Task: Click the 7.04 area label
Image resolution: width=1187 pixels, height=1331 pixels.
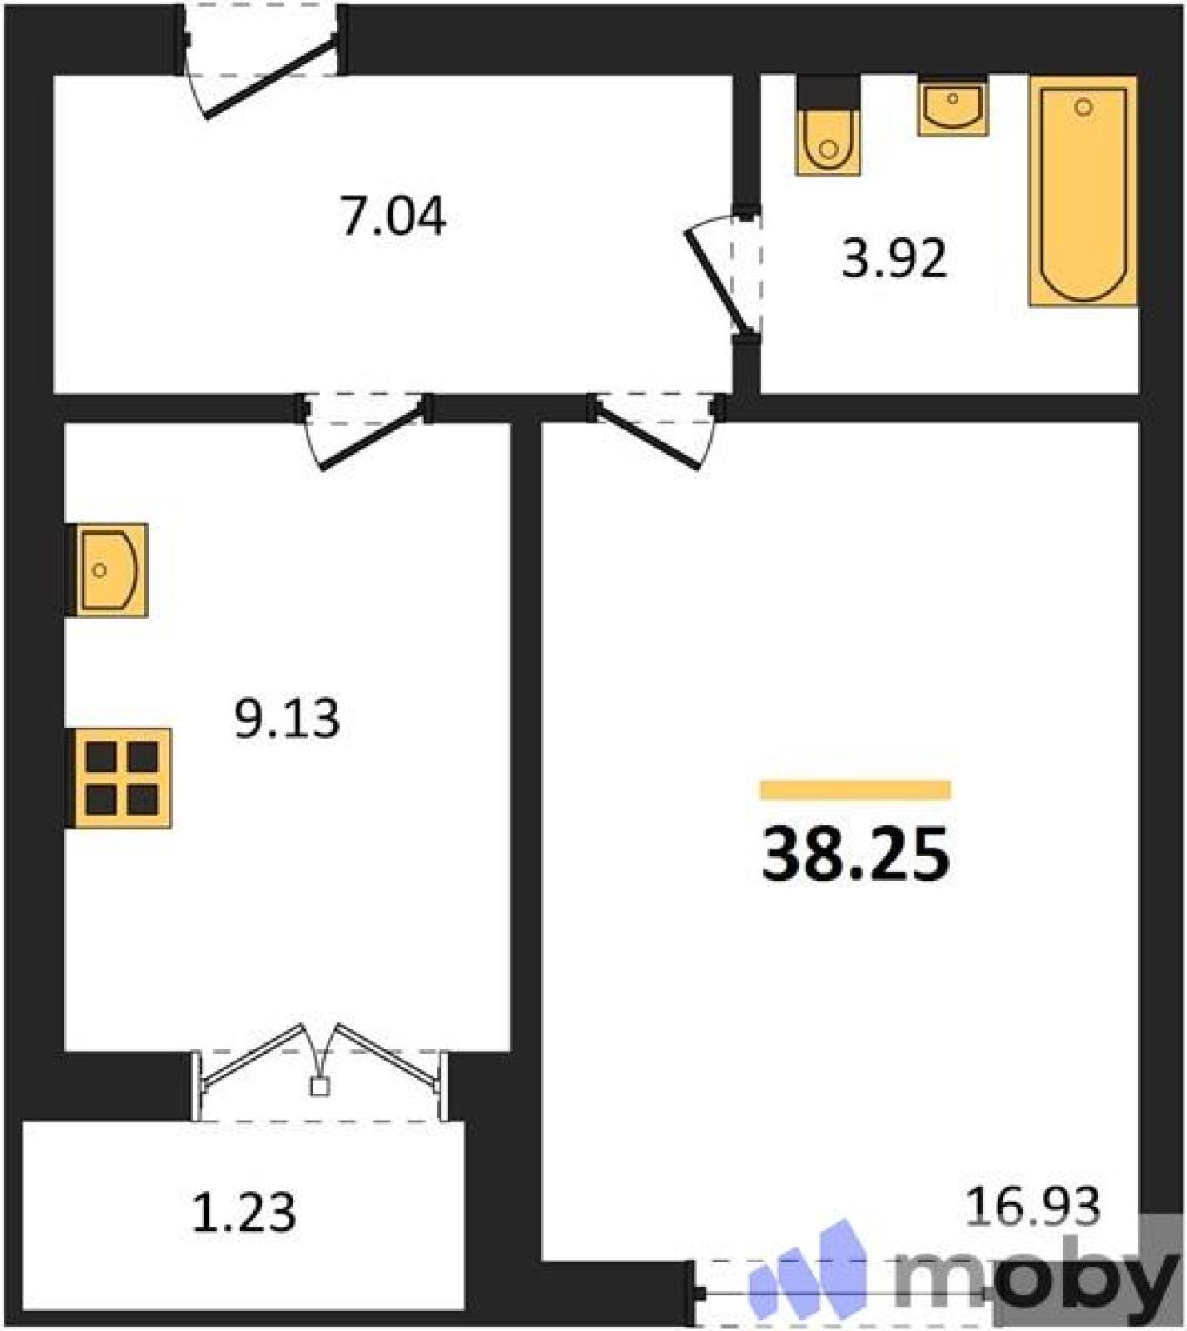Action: pos(393,216)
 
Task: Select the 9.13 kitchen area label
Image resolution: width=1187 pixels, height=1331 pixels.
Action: pos(287,719)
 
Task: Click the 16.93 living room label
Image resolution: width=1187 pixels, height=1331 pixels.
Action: pos(1033,1206)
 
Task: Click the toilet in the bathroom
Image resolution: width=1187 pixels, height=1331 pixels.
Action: pos(827,126)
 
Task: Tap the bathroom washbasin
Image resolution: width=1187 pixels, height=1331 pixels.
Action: pos(953,106)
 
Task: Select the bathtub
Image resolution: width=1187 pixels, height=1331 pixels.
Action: pos(1083,191)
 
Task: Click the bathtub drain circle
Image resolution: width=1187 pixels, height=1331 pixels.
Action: pos(1083,107)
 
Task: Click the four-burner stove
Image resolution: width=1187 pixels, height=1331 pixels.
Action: pos(120,778)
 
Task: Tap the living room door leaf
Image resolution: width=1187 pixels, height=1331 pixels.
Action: pos(646,437)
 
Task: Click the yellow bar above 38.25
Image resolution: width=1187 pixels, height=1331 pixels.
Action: pos(856,789)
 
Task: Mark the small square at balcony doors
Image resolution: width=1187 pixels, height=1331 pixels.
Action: pos(320,1086)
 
